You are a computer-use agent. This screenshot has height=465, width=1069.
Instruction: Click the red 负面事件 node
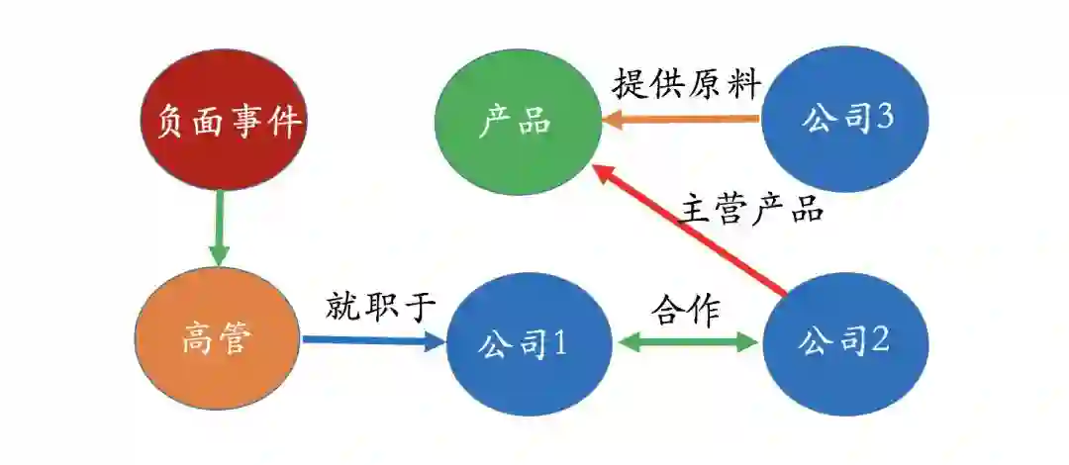coord(221,123)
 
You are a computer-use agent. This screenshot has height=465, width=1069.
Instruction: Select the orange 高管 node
coord(218,340)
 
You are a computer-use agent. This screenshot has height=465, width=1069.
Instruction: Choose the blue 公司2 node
coord(844,342)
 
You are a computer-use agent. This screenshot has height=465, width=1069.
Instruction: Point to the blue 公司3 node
coord(844,119)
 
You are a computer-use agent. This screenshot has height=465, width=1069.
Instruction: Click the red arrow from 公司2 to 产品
coord(693,232)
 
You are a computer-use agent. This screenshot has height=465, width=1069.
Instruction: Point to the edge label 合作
coord(686,310)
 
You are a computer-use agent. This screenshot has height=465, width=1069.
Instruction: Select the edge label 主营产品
coord(752,210)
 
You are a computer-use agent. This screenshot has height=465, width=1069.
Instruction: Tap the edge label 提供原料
coord(686,84)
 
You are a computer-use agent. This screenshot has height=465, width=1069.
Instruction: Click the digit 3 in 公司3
coord(885,119)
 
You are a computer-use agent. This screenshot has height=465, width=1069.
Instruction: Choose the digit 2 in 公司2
coord(880,342)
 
